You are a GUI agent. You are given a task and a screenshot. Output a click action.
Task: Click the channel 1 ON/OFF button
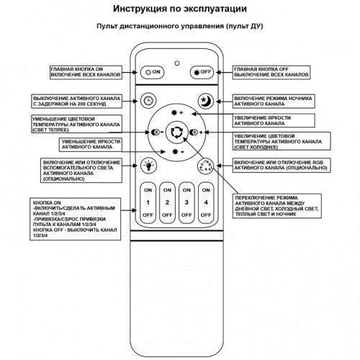(148, 202)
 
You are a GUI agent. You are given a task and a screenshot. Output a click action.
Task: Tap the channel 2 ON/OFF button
(167, 202)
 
